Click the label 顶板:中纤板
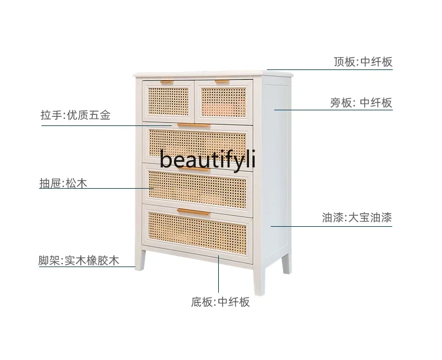(363, 62)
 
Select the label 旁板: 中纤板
(361, 102)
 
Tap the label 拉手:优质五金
(76, 116)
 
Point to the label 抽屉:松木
(63, 183)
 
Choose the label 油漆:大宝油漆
(357, 218)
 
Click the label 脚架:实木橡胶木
(79, 260)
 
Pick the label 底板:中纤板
(220, 302)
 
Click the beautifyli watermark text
(207, 160)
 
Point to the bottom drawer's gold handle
(194, 212)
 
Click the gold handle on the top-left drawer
(166, 83)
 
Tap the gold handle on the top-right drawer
(222, 82)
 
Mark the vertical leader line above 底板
(219, 274)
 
